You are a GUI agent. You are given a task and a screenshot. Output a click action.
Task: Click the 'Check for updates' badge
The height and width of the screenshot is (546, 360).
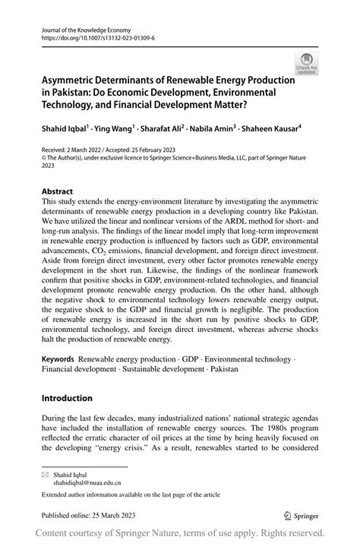(x=307, y=63)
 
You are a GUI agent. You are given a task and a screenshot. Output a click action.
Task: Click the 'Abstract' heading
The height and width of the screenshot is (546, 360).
(x=57, y=191)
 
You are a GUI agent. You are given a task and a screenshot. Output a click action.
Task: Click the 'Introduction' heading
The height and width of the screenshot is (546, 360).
(x=67, y=398)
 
